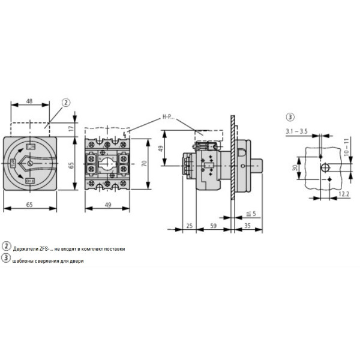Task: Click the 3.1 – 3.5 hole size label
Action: (x=297, y=130)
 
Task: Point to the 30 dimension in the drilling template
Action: (x=295, y=169)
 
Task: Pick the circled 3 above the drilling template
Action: (x=290, y=117)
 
